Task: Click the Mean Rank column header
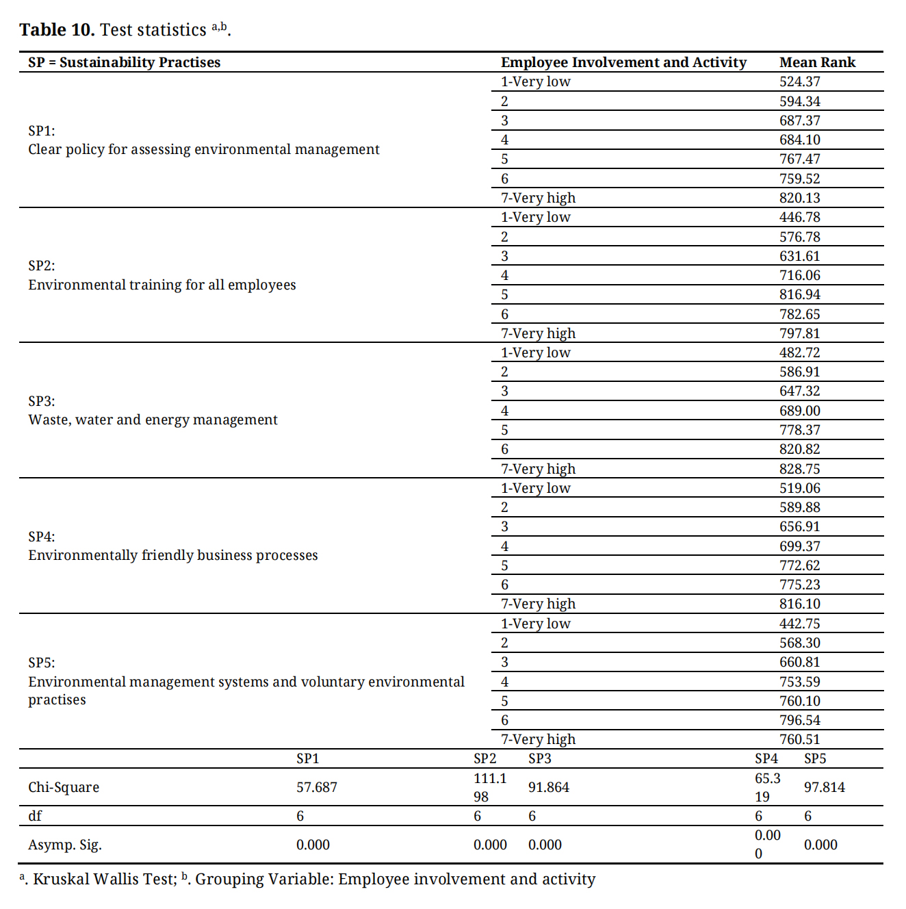(817, 62)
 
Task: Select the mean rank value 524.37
(799, 81)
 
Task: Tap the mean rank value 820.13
(799, 198)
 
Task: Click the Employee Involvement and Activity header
(623, 62)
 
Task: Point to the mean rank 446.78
(799, 217)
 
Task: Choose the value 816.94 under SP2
(799, 294)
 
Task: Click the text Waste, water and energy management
(153, 420)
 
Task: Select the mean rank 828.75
(799, 469)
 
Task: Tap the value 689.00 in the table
(799, 411)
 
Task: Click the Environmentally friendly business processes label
(172, 555)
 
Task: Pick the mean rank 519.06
(799, 488)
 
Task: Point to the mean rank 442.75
(799, 624)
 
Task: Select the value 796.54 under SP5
(799, 720)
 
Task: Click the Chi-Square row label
(64, 787)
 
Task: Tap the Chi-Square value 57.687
(316, 787)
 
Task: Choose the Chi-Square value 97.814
(824, 787)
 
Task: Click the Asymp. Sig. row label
(64, 845)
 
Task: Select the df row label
(35, 816)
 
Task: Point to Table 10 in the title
(57, 30)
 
